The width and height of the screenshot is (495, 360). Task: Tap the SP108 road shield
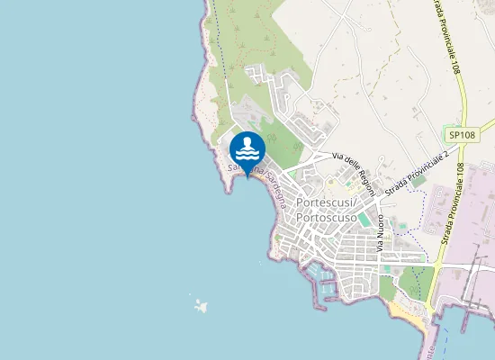click(x=462, y=135)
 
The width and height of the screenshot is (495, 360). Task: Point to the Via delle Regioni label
click(x=353, y=171)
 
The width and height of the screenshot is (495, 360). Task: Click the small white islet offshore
click(x=200, y=305)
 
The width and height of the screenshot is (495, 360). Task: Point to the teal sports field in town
click(x=364, y=219)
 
